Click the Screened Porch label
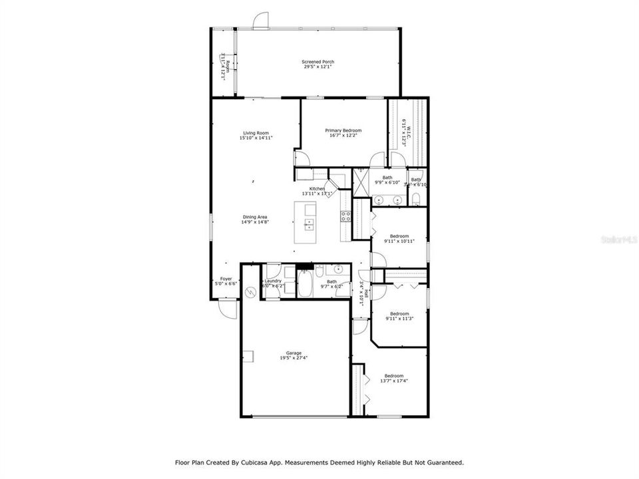click(x=318, y=62)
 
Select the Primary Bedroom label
click(x=343, y=130)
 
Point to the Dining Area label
click(x=256, y=217)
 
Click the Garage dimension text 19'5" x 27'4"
click(x=294, y=357)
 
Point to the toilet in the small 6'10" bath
click(x=416, y=198)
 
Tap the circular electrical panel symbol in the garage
click(x=250, y=291)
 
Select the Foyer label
click(x=226, y=279)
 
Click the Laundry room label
click(x=273, y=281)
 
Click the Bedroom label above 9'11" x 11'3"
click(x=399, y=313)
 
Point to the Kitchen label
click(x=317, y=189)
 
